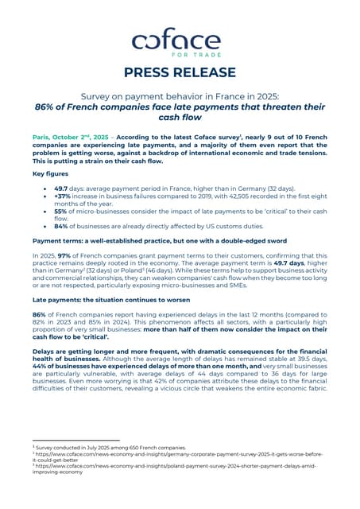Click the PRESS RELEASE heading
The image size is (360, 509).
(x=180, y=72)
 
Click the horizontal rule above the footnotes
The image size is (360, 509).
(x=75, y=440)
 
